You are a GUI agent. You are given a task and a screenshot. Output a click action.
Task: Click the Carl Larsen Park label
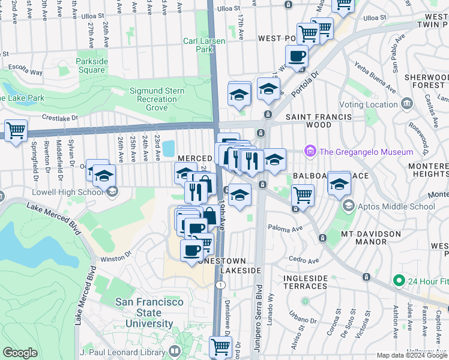199,46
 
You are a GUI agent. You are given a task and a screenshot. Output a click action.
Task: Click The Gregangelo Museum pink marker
310,152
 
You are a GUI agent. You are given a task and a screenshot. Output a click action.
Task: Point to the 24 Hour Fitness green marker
397,281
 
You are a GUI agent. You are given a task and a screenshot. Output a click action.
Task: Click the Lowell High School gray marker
112,192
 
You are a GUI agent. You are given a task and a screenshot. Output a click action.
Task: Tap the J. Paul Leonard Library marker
175,351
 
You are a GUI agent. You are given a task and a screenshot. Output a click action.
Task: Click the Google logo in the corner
20,353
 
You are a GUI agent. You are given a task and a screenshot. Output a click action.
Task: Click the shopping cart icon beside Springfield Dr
16,130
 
